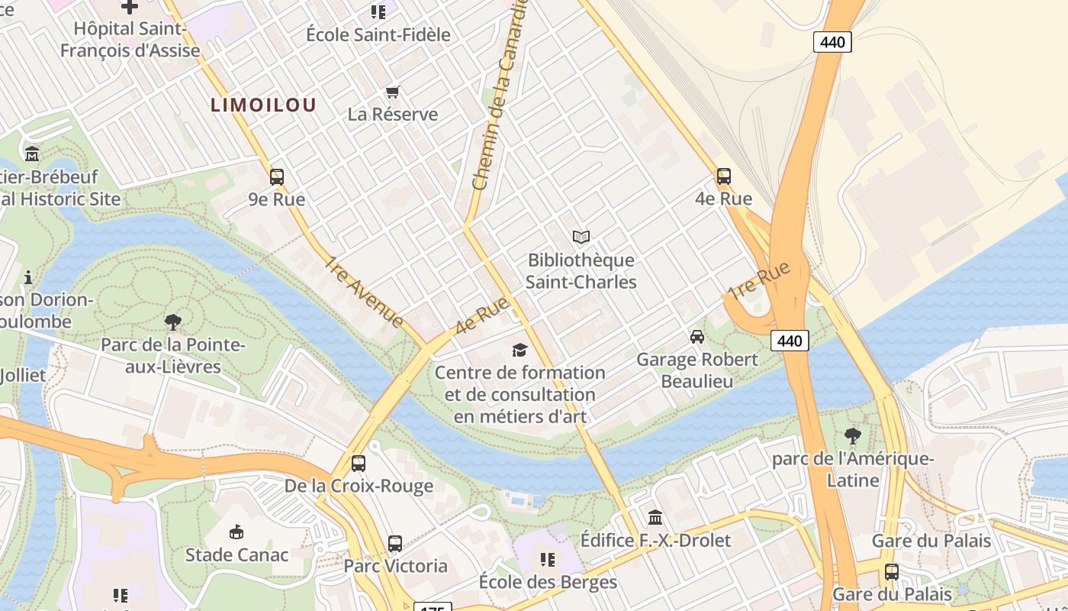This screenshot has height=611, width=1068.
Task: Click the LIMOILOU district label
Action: pyautogui.click(x=263, y=105)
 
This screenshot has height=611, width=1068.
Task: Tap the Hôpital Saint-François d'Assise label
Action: pyautogui.click(x=130, y=40)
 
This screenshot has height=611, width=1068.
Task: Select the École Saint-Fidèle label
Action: pyautogui.click(x=378, y=34)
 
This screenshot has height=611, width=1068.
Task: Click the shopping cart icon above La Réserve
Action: pyautogui.click(x=393, y=92)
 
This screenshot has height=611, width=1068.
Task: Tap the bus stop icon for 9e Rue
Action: pyautogui.click(x=277, y=177)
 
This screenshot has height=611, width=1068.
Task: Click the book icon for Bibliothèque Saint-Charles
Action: pyautogui.click(x=581, y=238)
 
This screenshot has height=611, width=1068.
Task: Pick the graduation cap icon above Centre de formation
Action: pyautogui.click(x=520, y=350)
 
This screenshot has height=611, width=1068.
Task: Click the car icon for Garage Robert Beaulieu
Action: pyautogui.click(x=696, y=337)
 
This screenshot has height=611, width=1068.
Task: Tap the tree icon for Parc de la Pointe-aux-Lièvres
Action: pyautogui.click(x=173, y=322)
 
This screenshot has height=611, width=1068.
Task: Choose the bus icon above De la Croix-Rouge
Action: pyautogui.click(x=358, y=463)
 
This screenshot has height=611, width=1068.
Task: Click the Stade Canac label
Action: pyautogui.click(x=236, y=554)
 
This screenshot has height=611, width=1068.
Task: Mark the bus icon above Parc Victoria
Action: pyautogui.click(x=394, y=544)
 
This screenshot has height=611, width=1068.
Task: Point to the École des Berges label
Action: pyautogui.click(x=547, y=582)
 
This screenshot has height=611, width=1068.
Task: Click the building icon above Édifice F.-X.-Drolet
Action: pyautogui.click(x=655, y=518)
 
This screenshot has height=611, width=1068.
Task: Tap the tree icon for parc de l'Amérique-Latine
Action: pyautogui.click(x=852, y=436)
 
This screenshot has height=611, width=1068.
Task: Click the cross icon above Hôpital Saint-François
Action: pyautogui.click(x=130, y=6)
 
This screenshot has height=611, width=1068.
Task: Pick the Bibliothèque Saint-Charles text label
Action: pyautogui.click(x=581, y=271)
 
